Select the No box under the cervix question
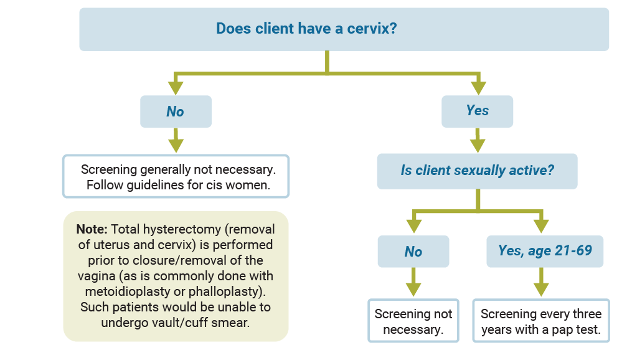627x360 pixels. (176, 111)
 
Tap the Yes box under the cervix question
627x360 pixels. (477, 111)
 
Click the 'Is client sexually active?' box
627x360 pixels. (477, 171)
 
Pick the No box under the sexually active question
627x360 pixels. (413, 251)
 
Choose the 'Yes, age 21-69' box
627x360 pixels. (545, 251)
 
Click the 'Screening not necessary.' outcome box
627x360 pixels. (413, 321)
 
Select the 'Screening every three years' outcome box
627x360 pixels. (541, 321)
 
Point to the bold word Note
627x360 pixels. (92, 229)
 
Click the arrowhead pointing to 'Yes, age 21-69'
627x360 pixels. (541, 226)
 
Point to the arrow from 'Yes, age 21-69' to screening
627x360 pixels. (541, 282)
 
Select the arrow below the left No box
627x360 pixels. (176, 140)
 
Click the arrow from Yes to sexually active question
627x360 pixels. (478, 140)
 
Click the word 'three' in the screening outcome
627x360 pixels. (587, 314)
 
